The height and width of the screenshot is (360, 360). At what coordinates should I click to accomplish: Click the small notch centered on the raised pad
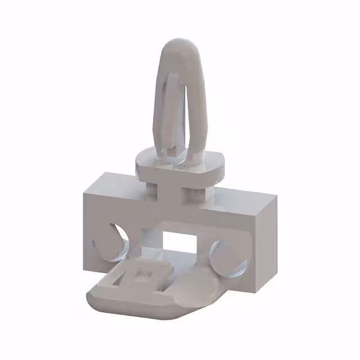[x=144, y=273]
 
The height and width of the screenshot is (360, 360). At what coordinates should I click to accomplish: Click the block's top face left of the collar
[x=112, y=186]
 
